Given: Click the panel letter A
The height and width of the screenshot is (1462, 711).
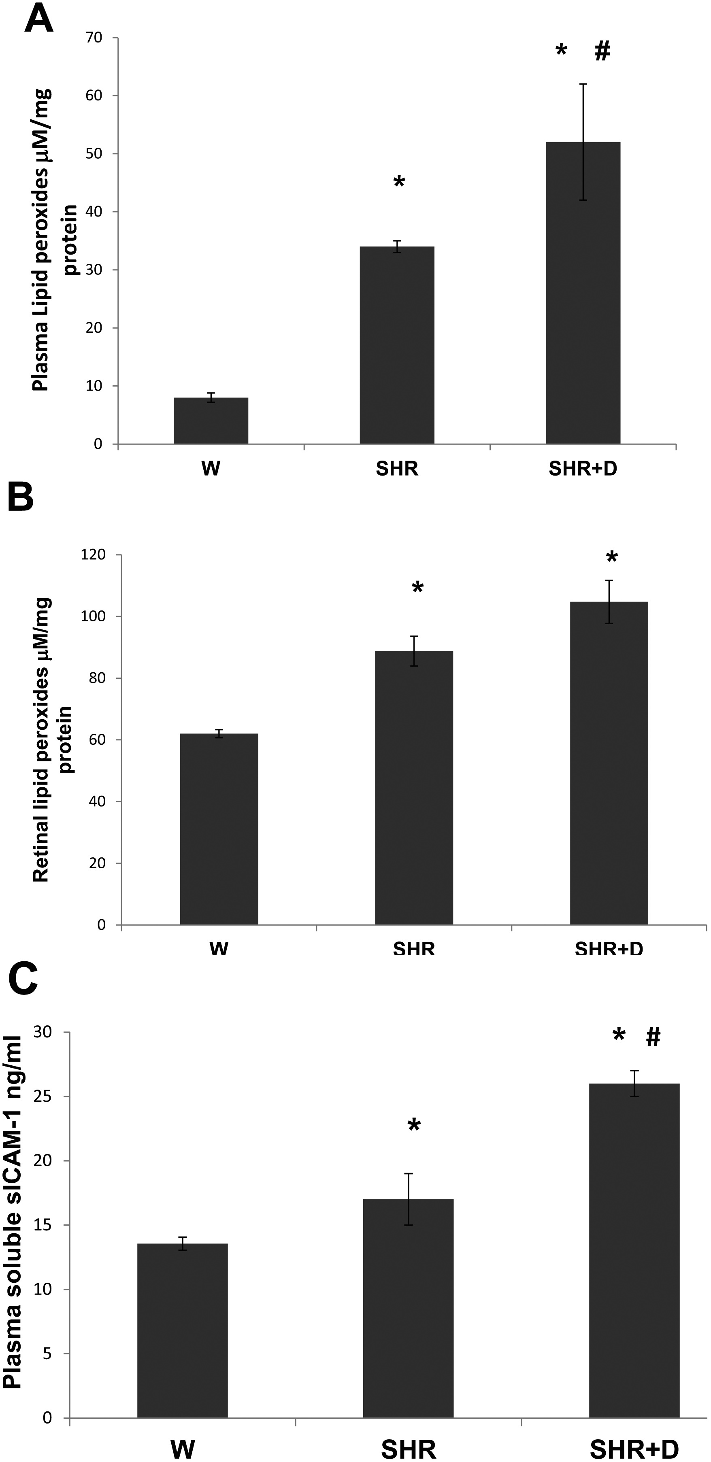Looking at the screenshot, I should point(38,19).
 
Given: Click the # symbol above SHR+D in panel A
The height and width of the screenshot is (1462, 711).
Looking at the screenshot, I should point(602,51).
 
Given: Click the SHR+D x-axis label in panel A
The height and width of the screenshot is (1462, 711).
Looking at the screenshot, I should point(583,469).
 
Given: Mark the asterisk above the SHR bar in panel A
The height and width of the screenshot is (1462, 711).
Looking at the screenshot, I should point(399,182).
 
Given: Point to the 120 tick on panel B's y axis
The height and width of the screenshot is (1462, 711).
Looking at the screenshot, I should point(93,555).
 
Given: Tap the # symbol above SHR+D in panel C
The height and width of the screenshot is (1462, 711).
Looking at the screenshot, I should point(653,1037).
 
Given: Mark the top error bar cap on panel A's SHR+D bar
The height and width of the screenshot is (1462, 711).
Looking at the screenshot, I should point(583,84).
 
